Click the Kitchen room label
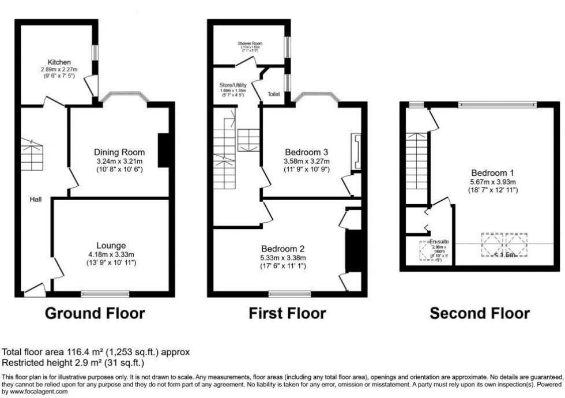[x=59, y=62]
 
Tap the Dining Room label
[x=119, y=152]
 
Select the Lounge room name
[x=111, y=245]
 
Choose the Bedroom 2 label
[x=283, y=249]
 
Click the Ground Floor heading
[x=95, y=314]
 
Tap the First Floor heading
[x=287, y=314]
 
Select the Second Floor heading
[x=480, y=314]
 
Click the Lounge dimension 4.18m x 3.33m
[x=111, y=255]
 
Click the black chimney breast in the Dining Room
[x=163, y=151]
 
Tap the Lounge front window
[x=105, y=294]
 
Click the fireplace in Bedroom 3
[x=356, y=152]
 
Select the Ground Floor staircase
[x=33, y=155]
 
